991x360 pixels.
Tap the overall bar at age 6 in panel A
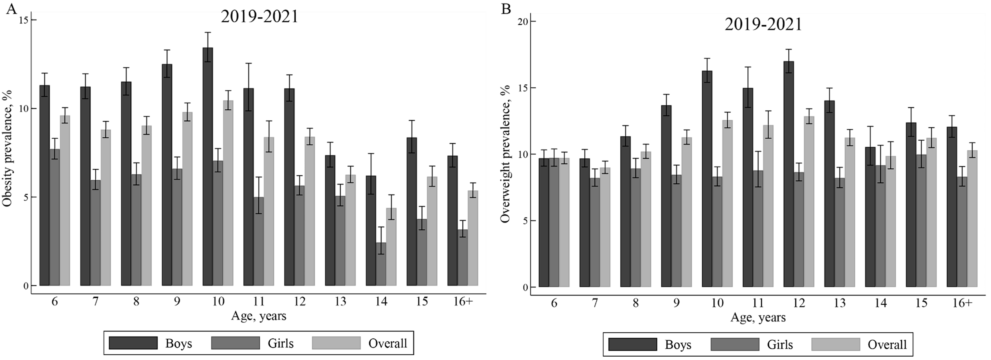65,200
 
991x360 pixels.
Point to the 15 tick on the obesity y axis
25,20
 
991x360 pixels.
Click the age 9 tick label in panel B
676,303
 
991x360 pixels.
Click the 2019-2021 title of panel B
764,25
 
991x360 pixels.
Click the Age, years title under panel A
258,316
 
